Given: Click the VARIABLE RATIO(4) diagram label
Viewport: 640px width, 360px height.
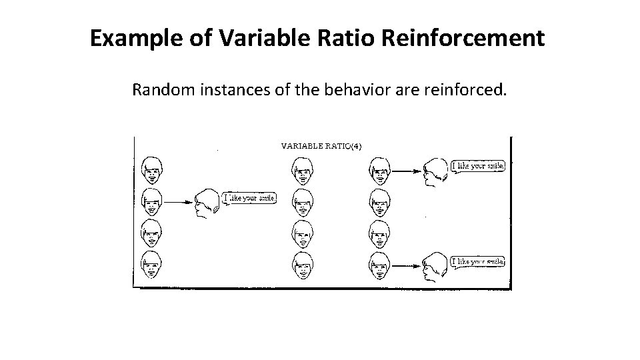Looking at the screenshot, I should [x=321, y=145].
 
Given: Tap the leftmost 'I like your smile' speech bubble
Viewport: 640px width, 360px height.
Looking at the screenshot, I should [x=249, y=198].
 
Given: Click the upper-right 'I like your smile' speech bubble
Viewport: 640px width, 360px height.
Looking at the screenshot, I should [x=479, y=165].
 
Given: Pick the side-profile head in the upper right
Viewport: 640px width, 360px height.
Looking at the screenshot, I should [x=436, y=172].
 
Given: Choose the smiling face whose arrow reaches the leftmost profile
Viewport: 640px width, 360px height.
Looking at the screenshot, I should [x=152, y=201].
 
